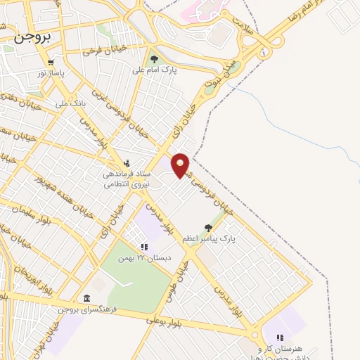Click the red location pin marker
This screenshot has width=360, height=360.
click(x=181, y=165)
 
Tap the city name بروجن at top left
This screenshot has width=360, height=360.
click(x=28, y=39)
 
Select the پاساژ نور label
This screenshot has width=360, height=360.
click(x=51, y=73)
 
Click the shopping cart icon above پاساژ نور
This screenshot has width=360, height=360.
click(x=51, y=63)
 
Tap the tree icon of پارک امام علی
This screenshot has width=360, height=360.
click(x=154, y=59)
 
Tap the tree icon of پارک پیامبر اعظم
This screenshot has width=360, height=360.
click(x=207, y=226)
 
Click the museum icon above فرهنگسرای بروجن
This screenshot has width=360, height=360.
click(x=86, y=298)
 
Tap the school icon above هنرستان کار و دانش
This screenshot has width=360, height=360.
click(x=280, y=337)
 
